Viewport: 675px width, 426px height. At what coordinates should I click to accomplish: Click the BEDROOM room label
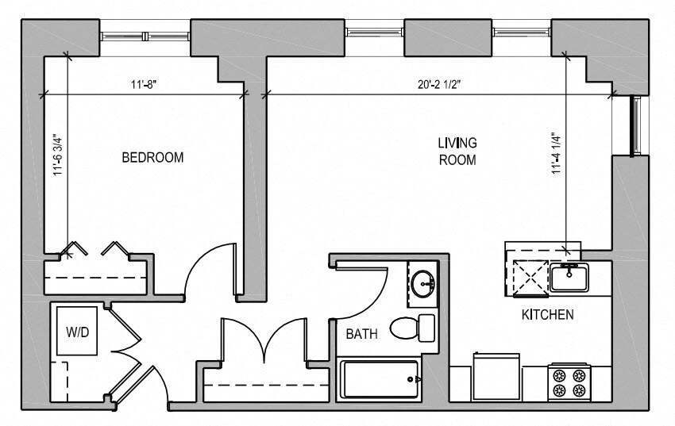pyautogui.click(x=152, y=157)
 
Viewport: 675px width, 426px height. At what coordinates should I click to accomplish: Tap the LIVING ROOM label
pyautogui.click(x=457, y=152)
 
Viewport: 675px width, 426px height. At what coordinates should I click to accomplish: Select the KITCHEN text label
pyautogui.click(x=548, y=315)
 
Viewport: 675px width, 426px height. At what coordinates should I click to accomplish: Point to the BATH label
pyautogui.click(x=361, y=333)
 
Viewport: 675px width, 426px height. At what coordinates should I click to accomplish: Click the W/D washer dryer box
pyautogui.click(x=77, y=331)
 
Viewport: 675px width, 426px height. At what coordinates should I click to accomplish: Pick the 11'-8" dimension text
pyautogui.click(x=143, y=84)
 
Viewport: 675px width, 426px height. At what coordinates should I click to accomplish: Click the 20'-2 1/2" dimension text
pyautogui.click(x=439, y=84)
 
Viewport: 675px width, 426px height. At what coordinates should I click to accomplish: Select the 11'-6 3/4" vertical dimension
pyautogui.click(x=58, y=155)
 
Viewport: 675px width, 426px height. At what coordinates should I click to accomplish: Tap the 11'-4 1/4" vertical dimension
pyautogui.click(x=557, y=152)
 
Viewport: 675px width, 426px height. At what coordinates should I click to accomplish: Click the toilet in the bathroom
pyautogui.click(x=412, y=328)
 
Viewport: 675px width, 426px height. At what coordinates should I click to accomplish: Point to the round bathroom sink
pyautogui.click(x=422, y=283)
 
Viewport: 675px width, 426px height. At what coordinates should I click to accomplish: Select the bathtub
pyautogui.click(x=380, y=379)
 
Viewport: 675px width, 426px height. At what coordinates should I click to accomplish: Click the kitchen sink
pyautogui.click(x=569, y=278)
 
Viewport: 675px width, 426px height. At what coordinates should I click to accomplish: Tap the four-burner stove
pyautogui.click(x=569, y=383)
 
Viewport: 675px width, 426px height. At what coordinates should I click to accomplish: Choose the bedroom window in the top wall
pyautogui.click(x=145, y=36)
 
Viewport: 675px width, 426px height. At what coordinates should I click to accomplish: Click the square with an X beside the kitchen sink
pyautogui.click(x=530, y=278)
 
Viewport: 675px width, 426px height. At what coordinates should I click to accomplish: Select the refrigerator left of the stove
pyautogui.click(x=496, y=377)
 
